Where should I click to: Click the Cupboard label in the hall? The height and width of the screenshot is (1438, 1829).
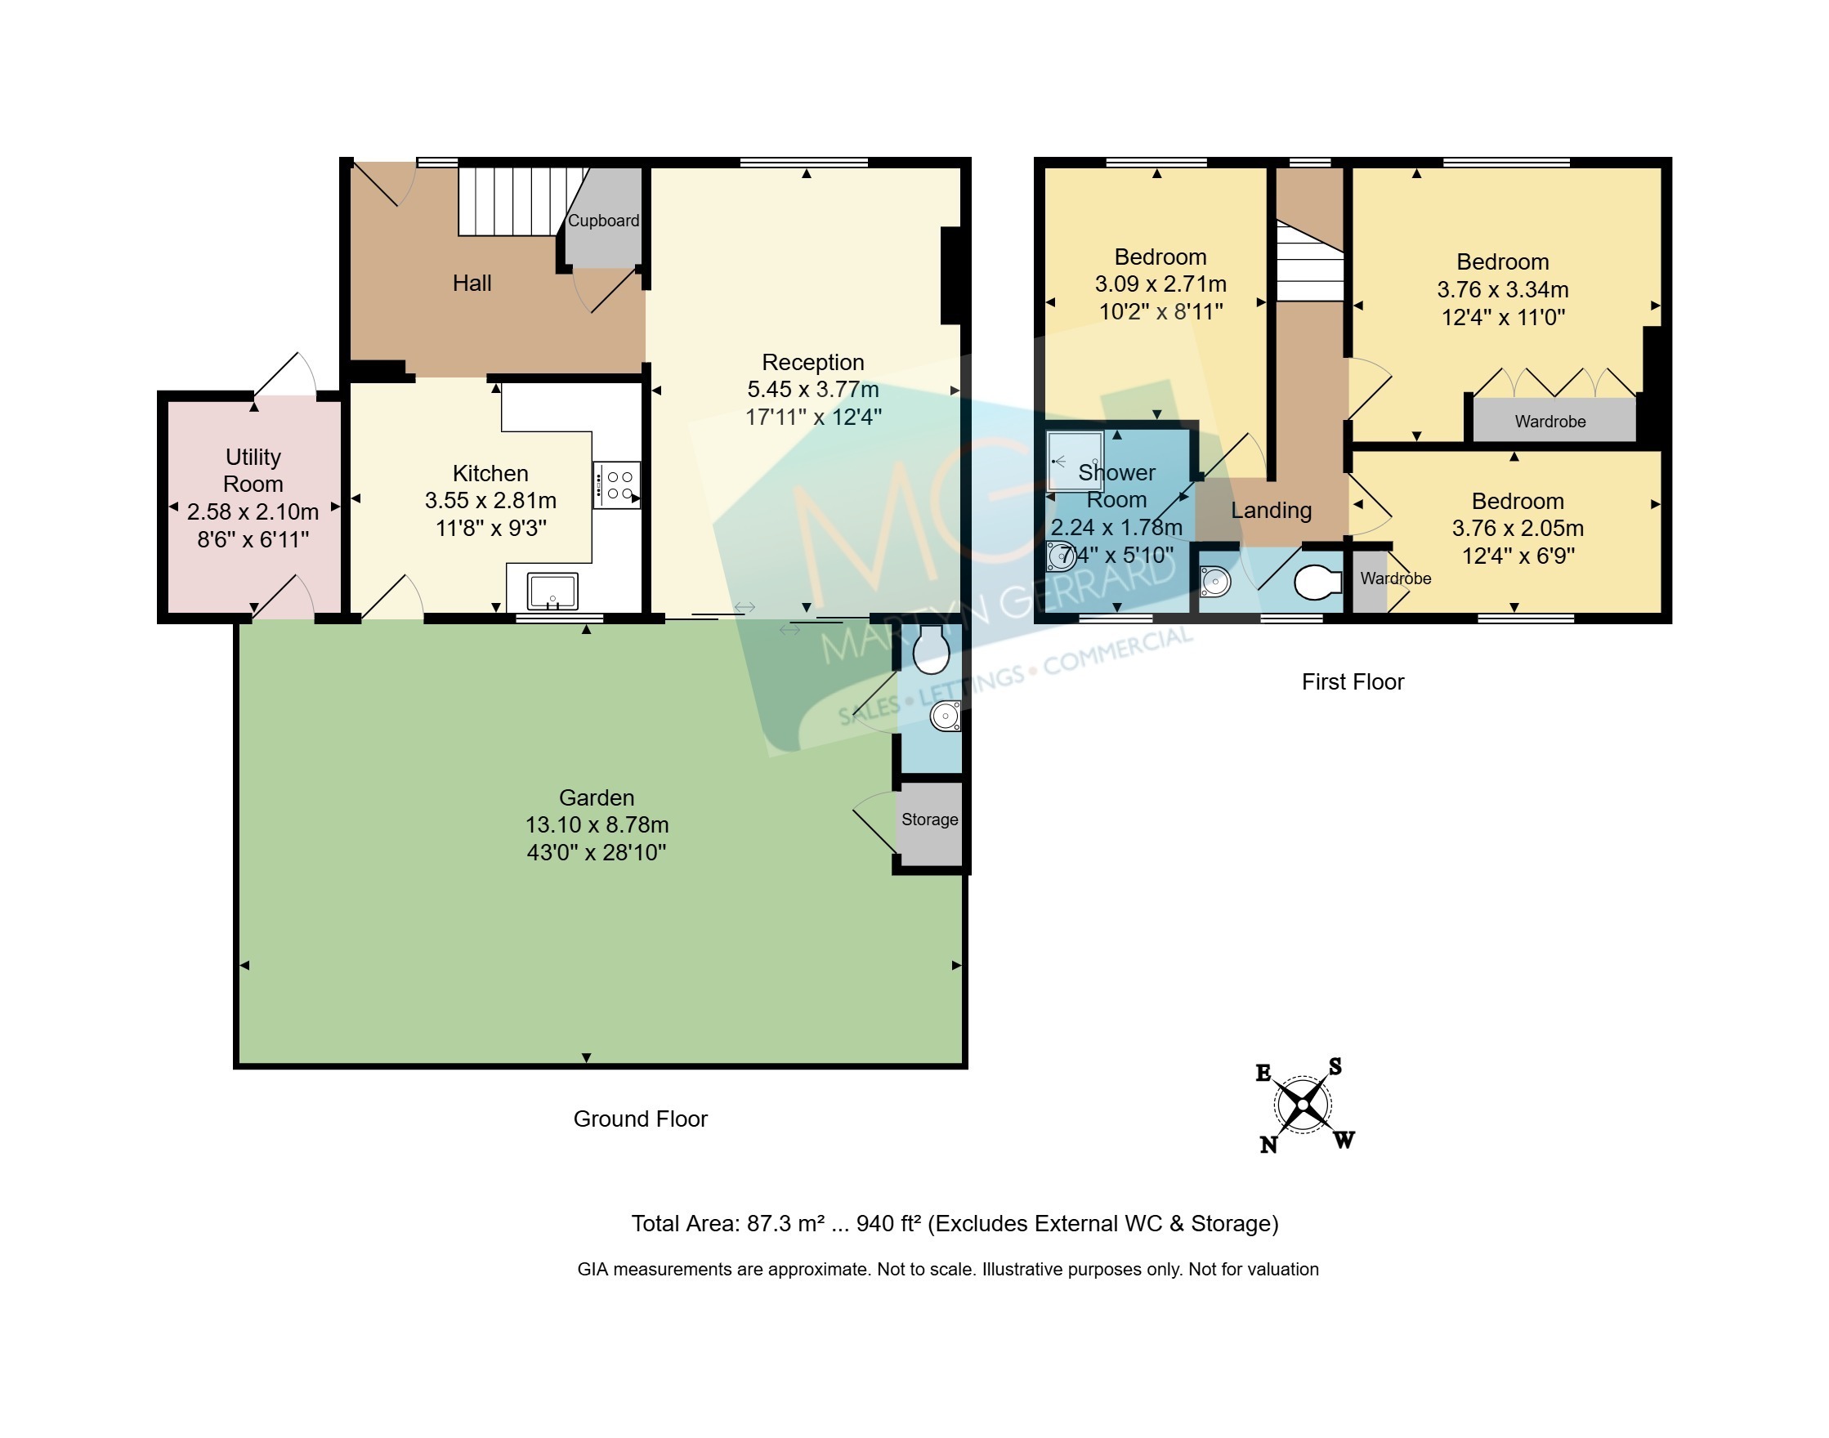click(x=603, y=221)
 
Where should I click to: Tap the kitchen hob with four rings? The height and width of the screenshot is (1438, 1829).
click(x=616, y=485)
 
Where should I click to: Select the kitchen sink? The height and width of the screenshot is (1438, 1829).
click(x=552, y=590)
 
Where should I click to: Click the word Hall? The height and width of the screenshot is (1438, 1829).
click(x=472, y=283)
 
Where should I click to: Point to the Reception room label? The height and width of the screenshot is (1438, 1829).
click(x=812, y=362)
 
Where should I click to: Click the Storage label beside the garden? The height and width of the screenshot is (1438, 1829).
click(x=930, y=819)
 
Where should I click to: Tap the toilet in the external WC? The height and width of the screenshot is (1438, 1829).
click(x=932, y=648)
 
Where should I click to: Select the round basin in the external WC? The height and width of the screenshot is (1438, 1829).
click(x=945, y=717)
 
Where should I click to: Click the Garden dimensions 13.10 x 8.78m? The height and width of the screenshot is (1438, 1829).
click(x=597, y=825)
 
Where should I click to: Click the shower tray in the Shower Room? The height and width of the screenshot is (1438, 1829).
click(x=1075, y=461)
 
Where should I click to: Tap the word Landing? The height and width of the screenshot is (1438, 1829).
click(x=1272, y=510)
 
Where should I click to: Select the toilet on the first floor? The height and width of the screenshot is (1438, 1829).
click(x=1318, y=582)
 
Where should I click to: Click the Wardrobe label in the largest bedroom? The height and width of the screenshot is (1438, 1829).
click(x=1550, y=422)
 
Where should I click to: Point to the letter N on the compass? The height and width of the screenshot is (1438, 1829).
click(x=1269, y=1144)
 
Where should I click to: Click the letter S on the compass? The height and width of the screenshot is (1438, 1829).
click(x=1335, y=1067)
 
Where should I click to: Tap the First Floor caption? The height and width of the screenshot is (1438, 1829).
click(x=1353, y=682)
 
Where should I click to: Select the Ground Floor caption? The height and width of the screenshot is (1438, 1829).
click(x=640, y=1119)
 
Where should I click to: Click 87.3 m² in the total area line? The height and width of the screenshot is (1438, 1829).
click(x=785, y=1223)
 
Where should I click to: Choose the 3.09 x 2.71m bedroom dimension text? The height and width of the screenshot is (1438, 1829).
click(x=1160, y=284)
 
